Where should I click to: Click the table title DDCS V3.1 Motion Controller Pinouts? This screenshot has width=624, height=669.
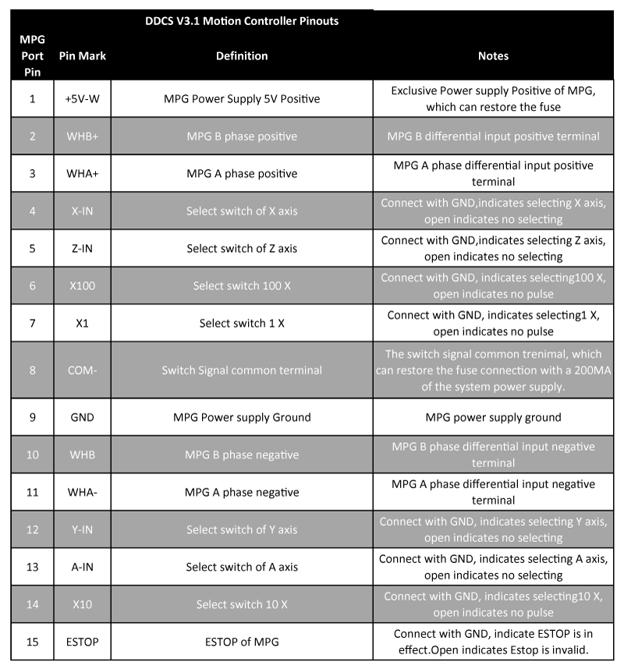coord(242,21)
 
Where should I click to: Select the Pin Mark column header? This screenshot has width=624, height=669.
coord(83,56)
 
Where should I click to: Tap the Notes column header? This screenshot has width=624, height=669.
coord(493,56)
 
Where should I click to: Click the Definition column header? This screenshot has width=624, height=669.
coord(242,56)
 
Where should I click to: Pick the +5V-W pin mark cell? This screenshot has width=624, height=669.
coord(82,99)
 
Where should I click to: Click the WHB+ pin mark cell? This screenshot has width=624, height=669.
coord(82,136)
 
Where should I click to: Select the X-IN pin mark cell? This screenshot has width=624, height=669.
coord(82,211)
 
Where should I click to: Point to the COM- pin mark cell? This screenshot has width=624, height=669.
coord(82,370)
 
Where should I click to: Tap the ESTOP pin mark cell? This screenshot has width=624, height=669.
coord(82,642)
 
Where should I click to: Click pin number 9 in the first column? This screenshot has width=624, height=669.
coord(33,417)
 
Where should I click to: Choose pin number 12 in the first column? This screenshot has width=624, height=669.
coord(33,530)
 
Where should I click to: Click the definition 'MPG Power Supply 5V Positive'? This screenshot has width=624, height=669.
coord(242,99)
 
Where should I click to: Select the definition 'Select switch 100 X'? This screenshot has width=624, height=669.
coord(242,286)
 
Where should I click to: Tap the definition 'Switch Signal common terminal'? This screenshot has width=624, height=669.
coord(242,370)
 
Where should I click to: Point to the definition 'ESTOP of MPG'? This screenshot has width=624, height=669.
coord(242,642)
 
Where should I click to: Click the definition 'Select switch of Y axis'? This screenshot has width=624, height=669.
coord(242,530)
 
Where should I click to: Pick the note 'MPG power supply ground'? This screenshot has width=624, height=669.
coord(493,417)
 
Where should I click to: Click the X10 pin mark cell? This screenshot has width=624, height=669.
coord(82,605)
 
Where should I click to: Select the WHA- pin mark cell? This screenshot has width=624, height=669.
coord(82,493)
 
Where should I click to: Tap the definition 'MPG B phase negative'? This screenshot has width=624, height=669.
coord(242,455)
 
